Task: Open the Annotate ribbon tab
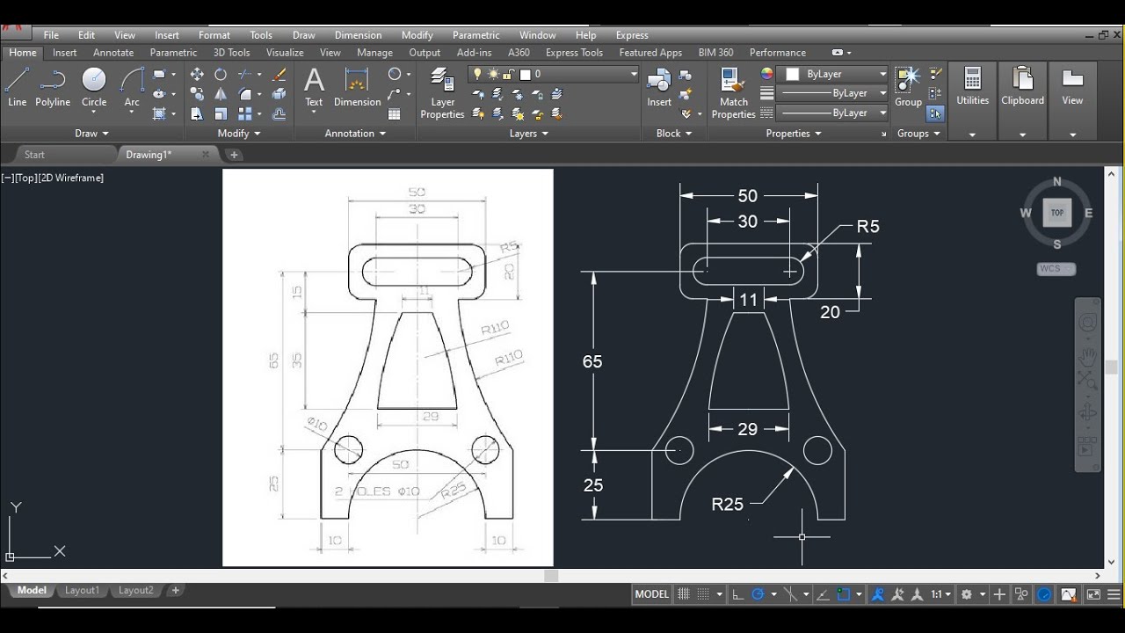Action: (113, 53)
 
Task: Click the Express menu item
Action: (632, 35)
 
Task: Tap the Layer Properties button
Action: (442, 95)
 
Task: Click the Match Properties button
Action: (733, 95)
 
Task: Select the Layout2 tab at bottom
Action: (136, 591)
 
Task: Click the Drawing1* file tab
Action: (149, 155)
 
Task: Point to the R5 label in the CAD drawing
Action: (867, 227)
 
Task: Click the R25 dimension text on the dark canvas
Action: (727, 505)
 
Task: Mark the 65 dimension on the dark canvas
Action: (592, 361)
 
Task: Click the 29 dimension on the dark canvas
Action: (747, 429)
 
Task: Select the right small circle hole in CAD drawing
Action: (817, 451)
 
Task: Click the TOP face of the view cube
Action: (1056, 213)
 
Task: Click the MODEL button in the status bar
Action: (651, 594)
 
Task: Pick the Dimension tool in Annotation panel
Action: (357, 88)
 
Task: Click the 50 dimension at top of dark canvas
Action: (747, 196)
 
